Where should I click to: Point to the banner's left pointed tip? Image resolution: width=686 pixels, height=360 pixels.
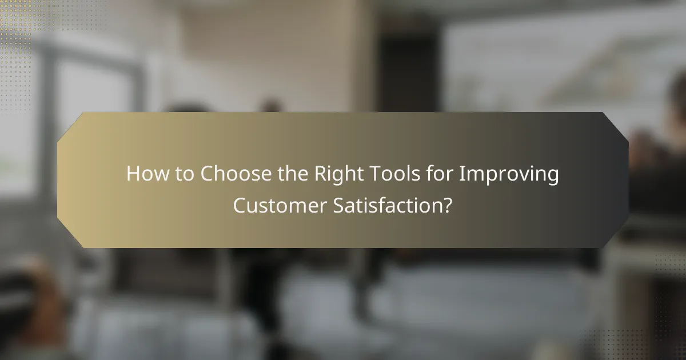[59, 180]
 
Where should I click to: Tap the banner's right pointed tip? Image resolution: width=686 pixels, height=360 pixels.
[627, 180]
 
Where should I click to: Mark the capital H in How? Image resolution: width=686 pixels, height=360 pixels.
[133, 174]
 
